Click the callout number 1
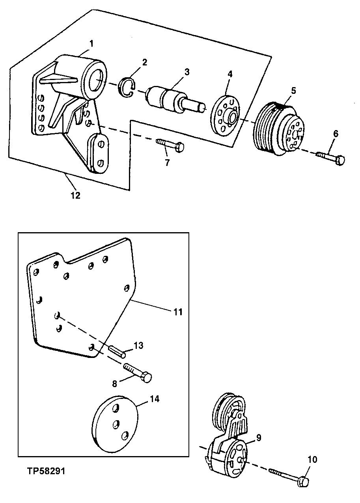91,44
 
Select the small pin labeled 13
117,350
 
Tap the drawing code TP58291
47,471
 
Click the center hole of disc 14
116,424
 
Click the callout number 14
154,399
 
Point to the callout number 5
293,90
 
